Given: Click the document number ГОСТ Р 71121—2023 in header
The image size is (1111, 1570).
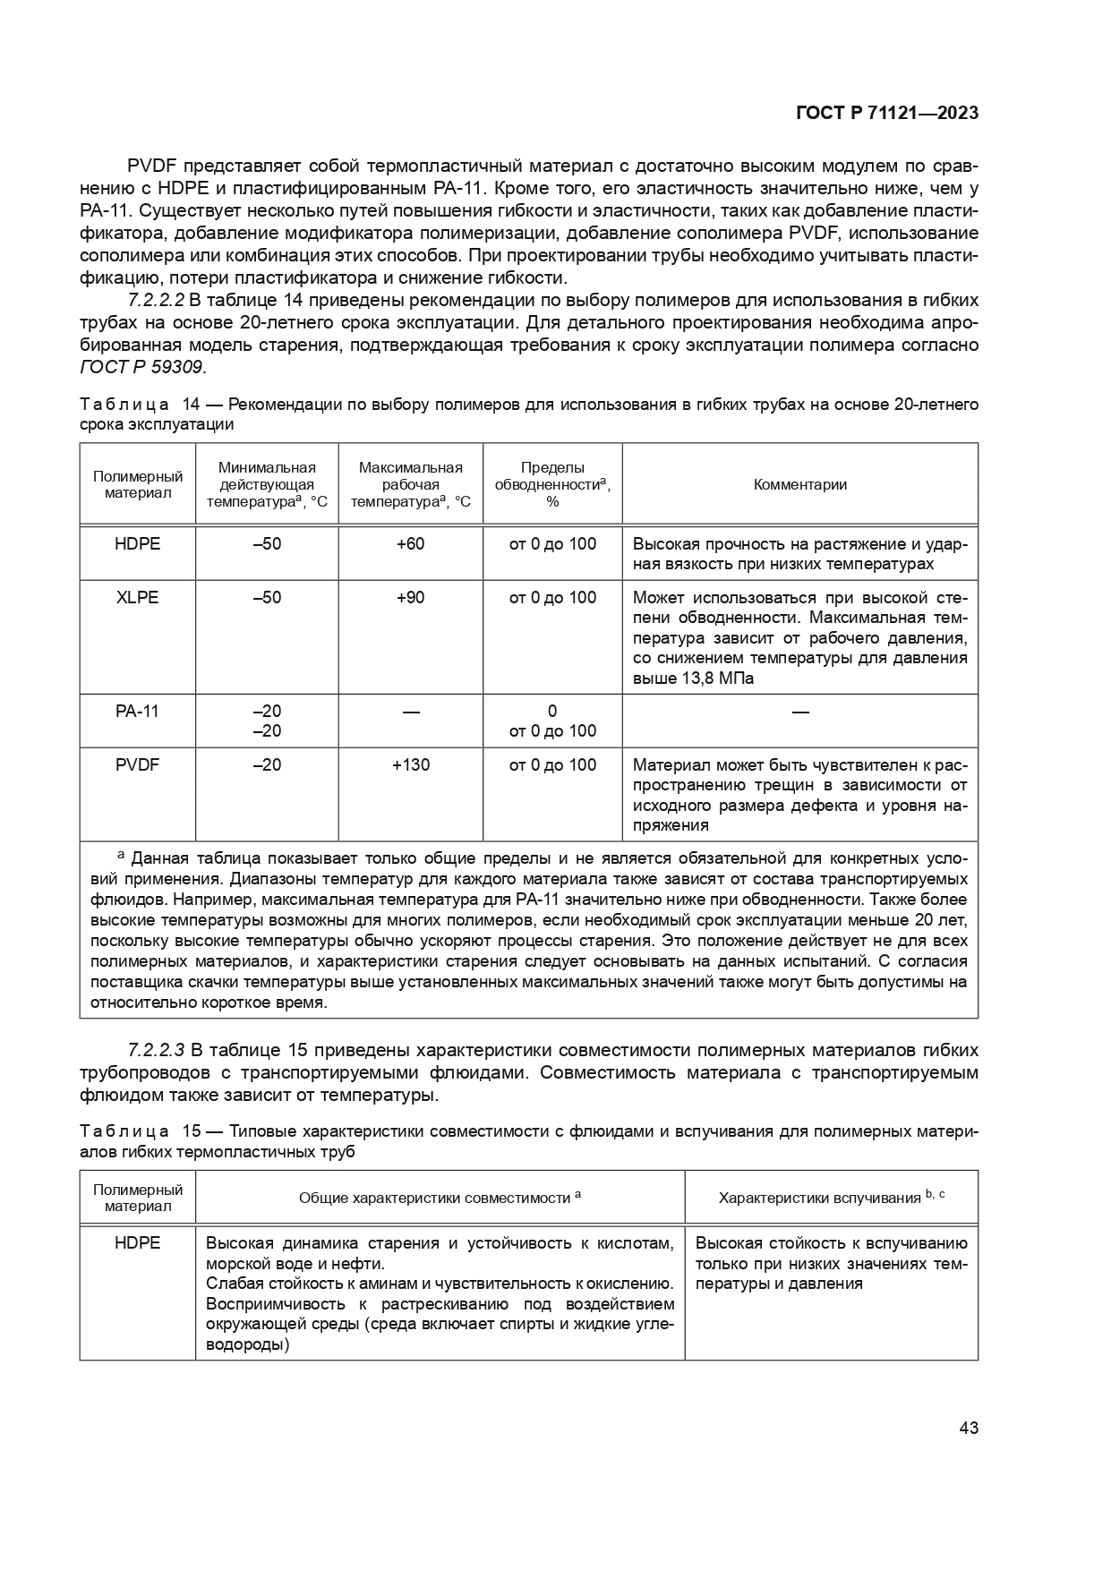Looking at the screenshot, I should click(886, 113).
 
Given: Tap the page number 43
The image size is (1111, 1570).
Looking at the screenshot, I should click(968, 1428).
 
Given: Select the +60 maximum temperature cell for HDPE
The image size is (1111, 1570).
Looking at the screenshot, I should click(410, 544).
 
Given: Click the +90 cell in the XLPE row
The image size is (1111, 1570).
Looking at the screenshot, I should click(410, 597).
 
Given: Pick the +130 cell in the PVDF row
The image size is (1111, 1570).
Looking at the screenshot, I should click(410, 765).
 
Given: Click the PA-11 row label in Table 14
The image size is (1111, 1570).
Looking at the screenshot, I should click(137, 711).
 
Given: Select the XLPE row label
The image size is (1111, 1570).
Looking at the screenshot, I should click(137, 597).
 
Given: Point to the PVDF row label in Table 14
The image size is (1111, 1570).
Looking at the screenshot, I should click(137, 765).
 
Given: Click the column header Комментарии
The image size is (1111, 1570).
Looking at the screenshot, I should click(799, 484).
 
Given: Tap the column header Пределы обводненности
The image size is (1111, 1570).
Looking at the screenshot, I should click(552, 484).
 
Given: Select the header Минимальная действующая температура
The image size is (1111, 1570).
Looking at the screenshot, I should click(267, 484).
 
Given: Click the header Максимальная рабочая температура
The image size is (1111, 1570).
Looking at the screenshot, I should click(410, 484).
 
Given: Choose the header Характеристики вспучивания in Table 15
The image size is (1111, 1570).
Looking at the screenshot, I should click(831, 1198).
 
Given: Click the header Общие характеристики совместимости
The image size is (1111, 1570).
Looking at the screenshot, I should click(440, 1198).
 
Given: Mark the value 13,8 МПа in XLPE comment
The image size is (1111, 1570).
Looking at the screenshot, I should click(709, 678).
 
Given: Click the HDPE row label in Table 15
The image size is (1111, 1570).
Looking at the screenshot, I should click(137, 1243).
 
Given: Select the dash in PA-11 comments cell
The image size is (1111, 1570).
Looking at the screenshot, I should click(799, 712).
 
